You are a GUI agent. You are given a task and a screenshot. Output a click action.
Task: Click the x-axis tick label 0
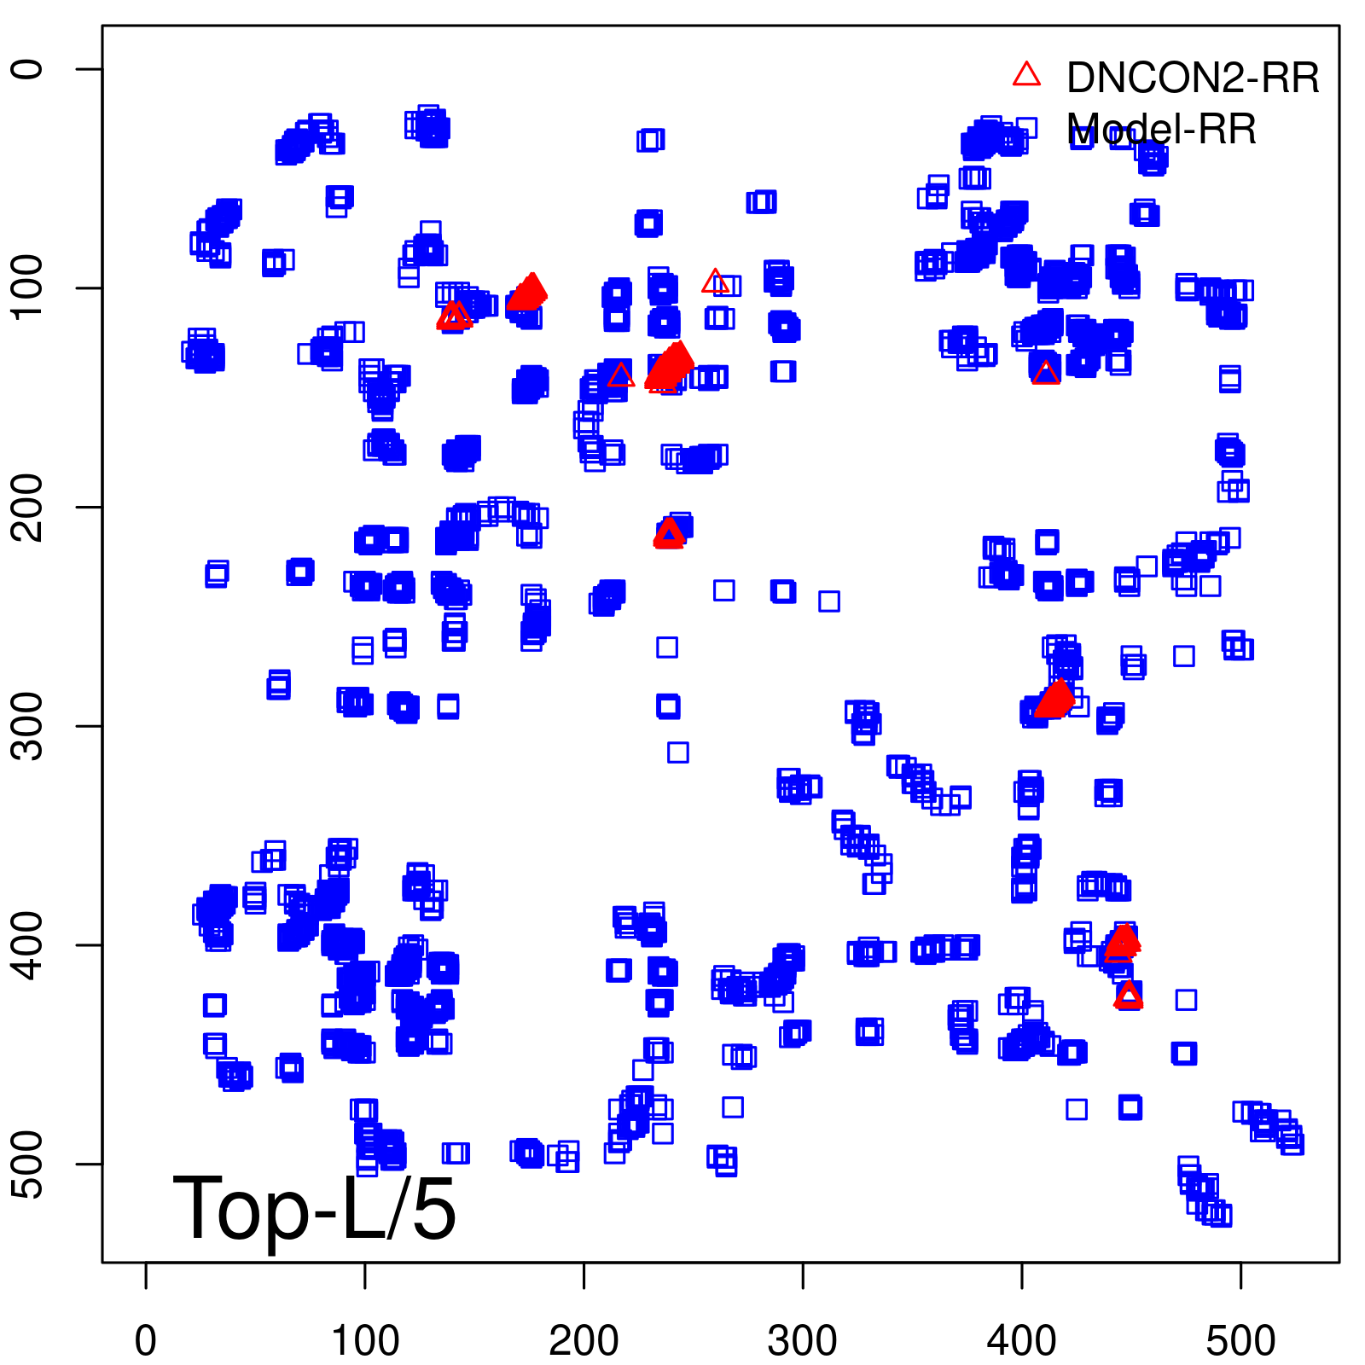tap(146, 1340)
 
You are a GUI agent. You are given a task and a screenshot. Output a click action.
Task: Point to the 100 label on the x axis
tap(365, 1340)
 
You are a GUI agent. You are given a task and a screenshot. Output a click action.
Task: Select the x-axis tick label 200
tap(584, 1340)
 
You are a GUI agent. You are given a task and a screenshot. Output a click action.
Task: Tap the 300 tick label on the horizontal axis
tap(803, 1340)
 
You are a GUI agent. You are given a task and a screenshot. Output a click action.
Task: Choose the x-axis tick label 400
tap(1022, 1340)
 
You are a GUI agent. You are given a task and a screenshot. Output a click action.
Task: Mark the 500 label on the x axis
tap(1240, 1340)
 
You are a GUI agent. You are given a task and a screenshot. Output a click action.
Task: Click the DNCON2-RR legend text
tap(1193, 78)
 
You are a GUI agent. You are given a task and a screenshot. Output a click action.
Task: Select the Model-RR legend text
tap(1162, 130)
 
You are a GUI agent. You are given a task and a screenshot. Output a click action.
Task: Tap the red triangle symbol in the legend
tap(1026, 75)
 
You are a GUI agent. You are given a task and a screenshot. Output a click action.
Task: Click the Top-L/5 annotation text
tap(314, 1208)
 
